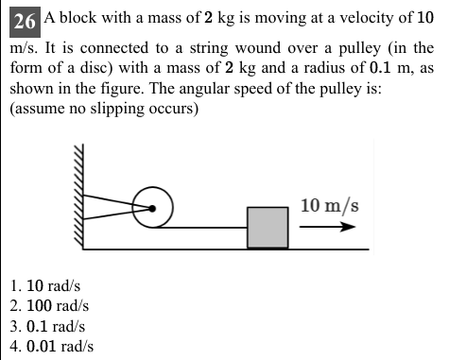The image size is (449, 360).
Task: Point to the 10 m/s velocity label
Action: (x=329, y=205)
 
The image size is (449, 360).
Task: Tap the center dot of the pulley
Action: (x=150, y=210)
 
